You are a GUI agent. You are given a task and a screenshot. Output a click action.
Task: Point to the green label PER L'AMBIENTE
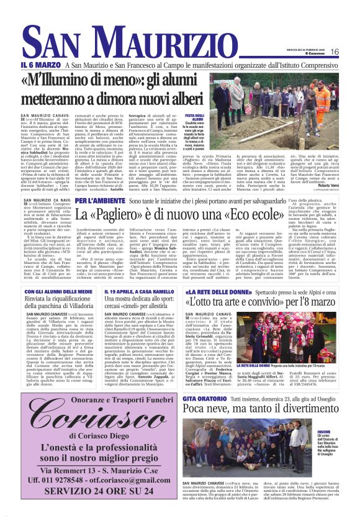[x=101, y=201]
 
